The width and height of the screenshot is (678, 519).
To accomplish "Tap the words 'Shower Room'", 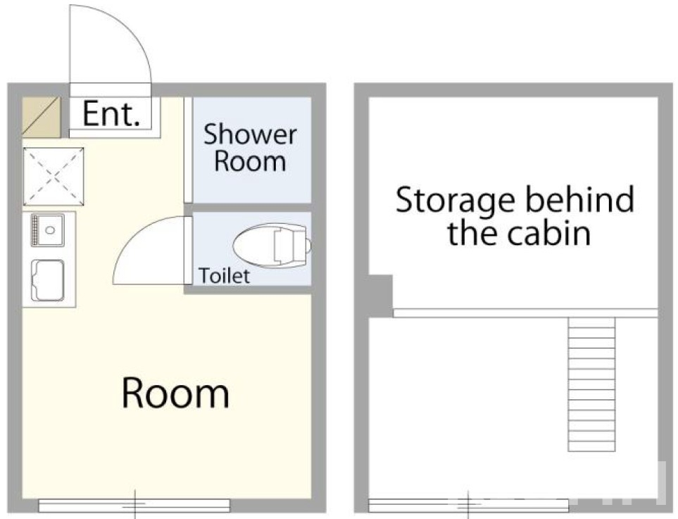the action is (250, 148).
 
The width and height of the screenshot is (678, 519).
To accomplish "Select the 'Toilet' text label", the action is (224, 276).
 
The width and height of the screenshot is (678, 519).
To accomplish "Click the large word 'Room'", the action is (175, 394).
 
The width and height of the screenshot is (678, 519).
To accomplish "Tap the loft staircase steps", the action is (591, 384).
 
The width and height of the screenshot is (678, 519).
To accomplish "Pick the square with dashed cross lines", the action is (53, 176).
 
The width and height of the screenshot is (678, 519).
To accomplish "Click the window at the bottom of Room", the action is (134, 505).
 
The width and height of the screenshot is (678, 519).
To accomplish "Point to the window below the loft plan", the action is (468, 505).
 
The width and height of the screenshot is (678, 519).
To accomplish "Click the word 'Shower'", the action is (250, 135).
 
